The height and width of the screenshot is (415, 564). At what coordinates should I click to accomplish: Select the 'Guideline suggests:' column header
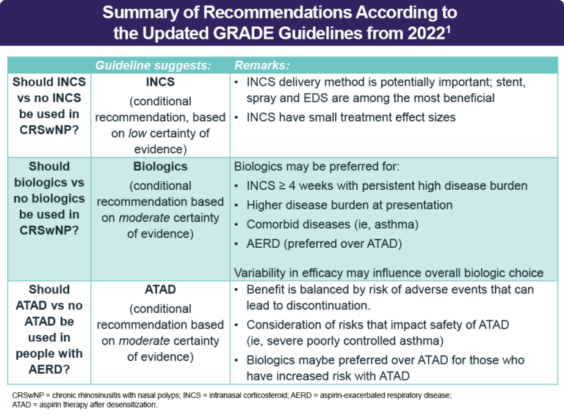(153, 65)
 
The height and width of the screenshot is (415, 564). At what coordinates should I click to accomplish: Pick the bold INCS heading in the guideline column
(161, 83)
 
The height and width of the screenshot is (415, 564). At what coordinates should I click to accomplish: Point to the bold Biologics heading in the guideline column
(161, 166)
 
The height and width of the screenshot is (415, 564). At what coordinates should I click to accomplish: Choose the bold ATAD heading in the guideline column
(161, 290)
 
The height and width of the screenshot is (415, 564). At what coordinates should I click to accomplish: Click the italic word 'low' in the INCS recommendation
(137, 133)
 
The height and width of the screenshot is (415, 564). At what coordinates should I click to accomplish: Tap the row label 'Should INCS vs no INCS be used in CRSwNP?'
(46, 107)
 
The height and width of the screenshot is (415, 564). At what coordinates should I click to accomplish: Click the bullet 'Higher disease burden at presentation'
(349, 205)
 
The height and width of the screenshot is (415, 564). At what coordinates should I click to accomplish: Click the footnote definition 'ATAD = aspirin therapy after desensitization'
(84, 405)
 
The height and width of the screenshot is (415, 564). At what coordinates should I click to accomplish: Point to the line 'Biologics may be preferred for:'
(317, 166)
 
